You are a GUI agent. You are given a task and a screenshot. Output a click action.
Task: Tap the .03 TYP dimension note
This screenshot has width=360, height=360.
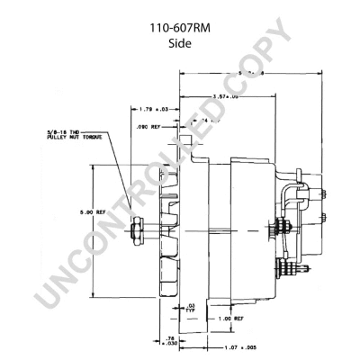[x=192, y=308]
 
